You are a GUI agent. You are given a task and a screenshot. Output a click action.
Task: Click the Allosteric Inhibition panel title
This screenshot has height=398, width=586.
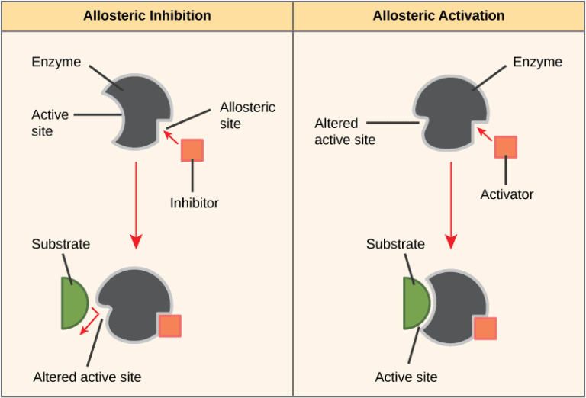(146, 15)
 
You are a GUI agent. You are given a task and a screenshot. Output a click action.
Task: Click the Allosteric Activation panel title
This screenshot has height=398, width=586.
(439, 15)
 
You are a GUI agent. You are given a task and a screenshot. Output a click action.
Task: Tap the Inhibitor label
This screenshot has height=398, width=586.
(194, 203)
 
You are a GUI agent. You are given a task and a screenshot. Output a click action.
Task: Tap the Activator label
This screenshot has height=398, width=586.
(507, 194)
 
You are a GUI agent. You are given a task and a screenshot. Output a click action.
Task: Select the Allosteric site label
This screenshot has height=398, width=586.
(246, 115)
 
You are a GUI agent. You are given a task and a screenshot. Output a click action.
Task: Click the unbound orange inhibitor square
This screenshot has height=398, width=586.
(192, 150)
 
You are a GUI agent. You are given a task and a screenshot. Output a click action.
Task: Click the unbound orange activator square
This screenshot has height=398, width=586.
(506, 146)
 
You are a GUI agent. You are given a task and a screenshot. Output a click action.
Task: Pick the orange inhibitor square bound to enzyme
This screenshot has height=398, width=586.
(169, 326)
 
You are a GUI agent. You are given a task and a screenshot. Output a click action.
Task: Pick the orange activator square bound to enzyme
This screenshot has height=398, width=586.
(485, 329)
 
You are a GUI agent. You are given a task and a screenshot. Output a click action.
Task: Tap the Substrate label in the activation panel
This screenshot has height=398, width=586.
(395, 244)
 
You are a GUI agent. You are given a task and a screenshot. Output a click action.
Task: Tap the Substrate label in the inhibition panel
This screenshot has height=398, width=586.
(60, 244)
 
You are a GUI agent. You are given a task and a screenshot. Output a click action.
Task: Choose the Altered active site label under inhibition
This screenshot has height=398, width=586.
(87, 377)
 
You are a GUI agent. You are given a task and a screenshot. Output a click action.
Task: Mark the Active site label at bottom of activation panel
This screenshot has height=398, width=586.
(406, 377)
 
